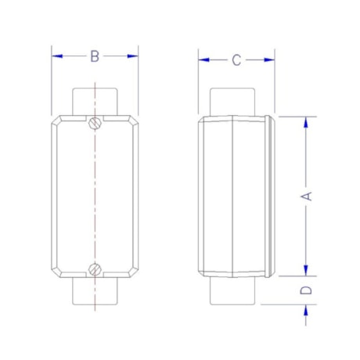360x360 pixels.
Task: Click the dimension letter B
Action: [x=95, y=56]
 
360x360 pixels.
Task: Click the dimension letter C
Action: [x=236, y=60]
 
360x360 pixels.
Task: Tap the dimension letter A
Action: [x=308, y=196]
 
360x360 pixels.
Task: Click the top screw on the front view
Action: [x=95, y=122]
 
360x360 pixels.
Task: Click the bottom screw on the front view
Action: [x=95, y=270]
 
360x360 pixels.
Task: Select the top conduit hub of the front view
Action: [x=95, y=101]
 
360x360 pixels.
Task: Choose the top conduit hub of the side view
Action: [x=234, y=102]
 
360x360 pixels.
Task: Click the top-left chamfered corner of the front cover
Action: [x=57, y=123]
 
